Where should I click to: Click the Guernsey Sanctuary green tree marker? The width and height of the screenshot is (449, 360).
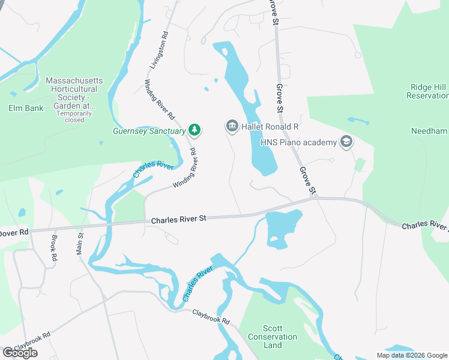pos(194,130)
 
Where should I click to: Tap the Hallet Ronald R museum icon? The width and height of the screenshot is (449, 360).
pos(232,127)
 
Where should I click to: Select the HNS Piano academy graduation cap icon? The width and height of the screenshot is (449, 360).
pos(346,142)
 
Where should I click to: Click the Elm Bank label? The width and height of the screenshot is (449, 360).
pos(23,109)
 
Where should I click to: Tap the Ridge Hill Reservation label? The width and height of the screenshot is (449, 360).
pos(427,91)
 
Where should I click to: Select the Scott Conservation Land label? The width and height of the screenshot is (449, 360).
pos(273,337)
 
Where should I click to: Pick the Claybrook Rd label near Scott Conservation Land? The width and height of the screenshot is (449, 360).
pos(211,317)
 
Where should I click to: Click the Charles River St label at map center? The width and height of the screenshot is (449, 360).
pos(178,220)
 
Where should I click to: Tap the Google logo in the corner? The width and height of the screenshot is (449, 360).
pos(20,353)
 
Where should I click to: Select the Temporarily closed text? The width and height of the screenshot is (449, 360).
pos(74,116)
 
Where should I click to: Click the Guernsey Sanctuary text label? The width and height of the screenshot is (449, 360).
pos(149,130)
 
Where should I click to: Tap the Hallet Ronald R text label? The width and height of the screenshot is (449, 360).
pos(270,127)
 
